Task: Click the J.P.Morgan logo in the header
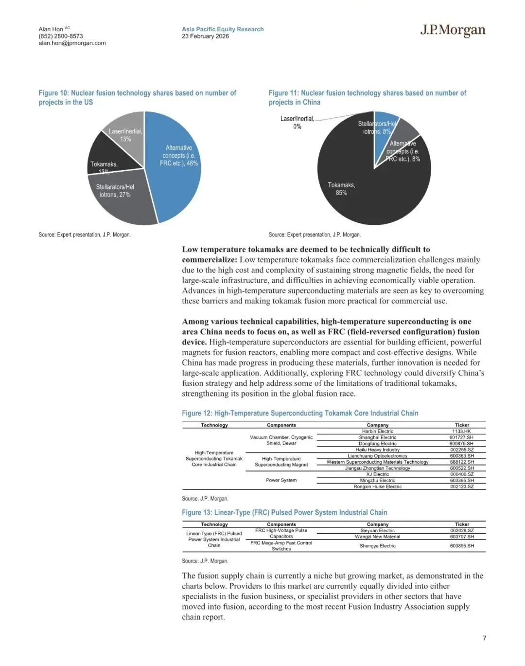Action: coord(453,31)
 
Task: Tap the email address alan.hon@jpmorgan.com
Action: coord(72,43)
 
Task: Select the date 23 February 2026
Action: coord(205,36)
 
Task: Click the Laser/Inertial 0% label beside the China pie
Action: coord(297,123)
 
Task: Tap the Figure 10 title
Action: coord(137,97)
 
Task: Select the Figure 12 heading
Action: coord(300,413)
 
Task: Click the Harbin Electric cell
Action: coord(378,432)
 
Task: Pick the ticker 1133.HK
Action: coord(461,432)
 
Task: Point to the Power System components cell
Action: coord(281,480)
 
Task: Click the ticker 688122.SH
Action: coord(461,462)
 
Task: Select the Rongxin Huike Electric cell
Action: coord(378,486)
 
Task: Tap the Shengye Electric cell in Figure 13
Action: coord(378,546)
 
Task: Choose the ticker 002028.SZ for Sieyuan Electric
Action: coord(461,531)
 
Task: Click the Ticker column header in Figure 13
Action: coord(462,524)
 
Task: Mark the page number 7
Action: coord(484,638)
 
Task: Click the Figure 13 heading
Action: coord(284,512)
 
